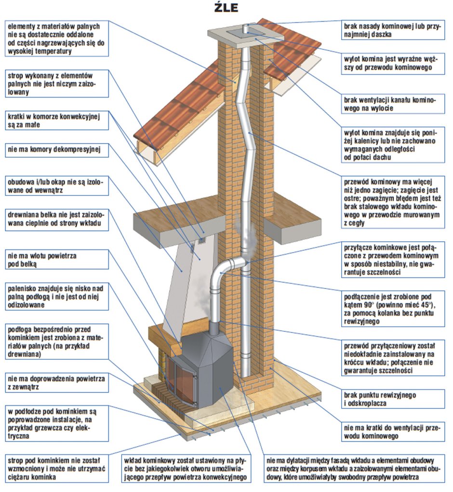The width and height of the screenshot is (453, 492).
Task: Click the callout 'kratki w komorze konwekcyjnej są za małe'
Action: (56, 121)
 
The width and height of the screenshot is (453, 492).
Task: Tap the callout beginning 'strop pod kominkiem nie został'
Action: (56, 468)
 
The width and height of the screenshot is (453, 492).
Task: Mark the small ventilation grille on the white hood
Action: (201, 238)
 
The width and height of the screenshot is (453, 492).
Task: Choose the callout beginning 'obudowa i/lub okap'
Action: (56, 186)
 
